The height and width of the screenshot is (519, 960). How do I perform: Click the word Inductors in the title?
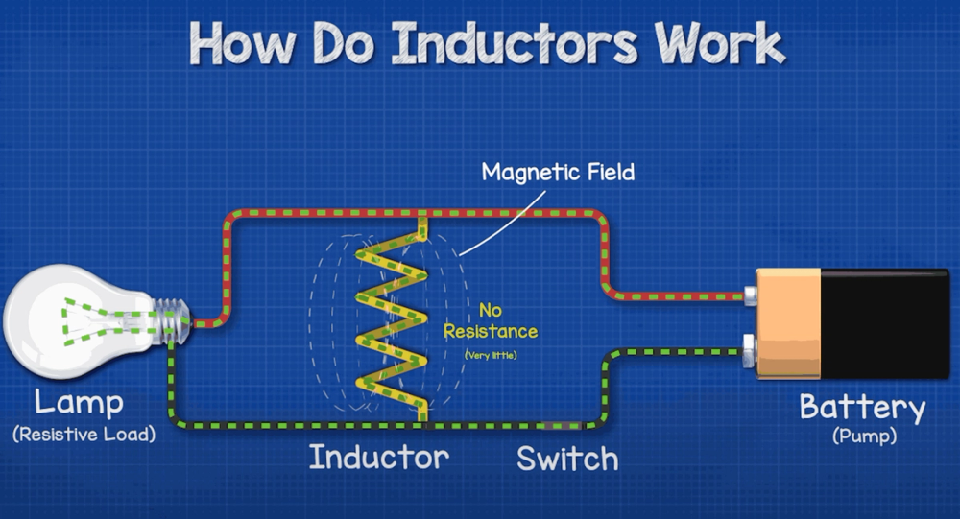514,43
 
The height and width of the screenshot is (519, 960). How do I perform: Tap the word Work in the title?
719,43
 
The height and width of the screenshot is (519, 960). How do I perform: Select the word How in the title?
243,43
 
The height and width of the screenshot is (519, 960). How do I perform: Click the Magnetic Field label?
558,172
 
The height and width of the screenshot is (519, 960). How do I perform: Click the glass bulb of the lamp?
77,320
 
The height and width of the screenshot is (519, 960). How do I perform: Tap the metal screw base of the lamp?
172,320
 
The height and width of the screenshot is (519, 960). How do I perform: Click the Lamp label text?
79,403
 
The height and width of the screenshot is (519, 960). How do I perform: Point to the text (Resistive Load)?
84,435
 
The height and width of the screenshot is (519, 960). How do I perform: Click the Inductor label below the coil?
379,458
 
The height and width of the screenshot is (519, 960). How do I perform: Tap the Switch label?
567,459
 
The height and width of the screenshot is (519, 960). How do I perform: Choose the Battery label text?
863,408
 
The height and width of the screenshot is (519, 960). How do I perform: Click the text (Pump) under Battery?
865,436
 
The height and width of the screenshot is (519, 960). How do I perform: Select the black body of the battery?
885,323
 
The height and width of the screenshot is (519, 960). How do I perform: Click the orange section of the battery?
788,323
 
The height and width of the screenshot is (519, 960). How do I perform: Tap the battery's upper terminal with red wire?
750,296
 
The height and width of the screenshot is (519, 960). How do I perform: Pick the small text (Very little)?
491,354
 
